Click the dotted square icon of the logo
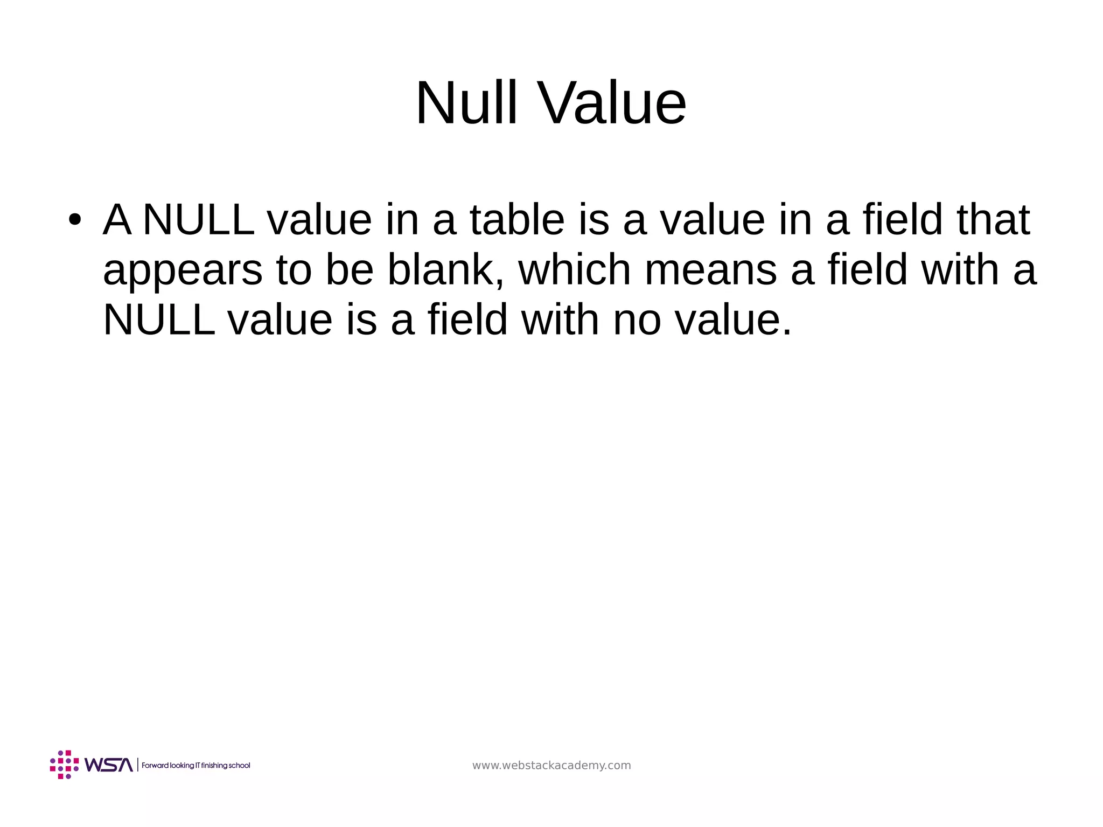tap(64, 765)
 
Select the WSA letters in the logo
tap(108, 765)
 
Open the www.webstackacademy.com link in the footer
tap(551, 766)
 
